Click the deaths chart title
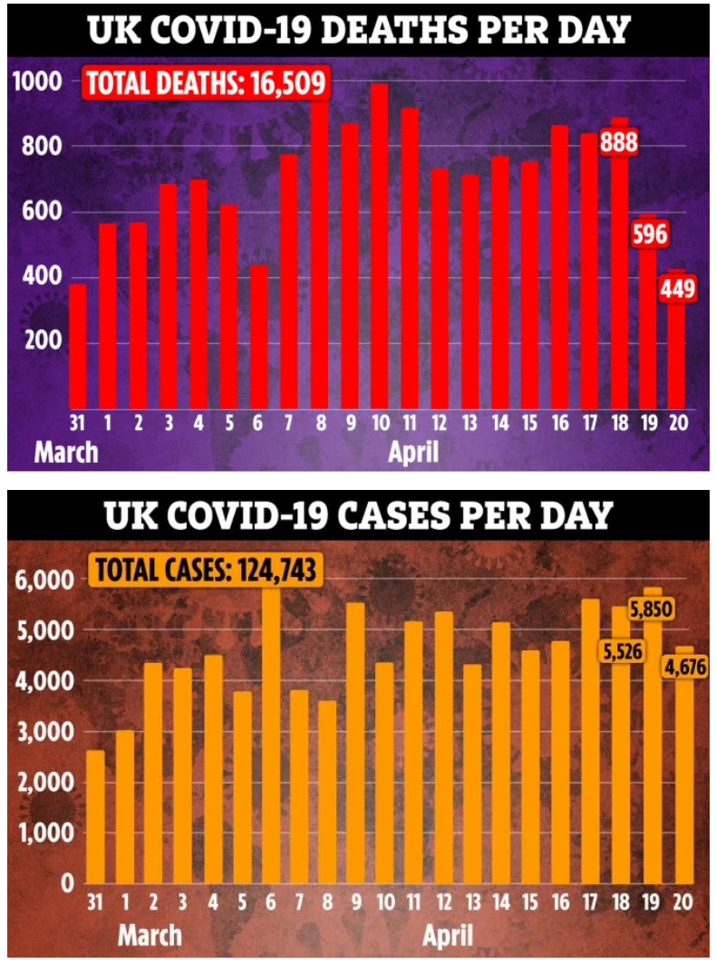pyautogui.click(x=358, y=30)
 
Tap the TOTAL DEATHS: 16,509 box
pyautogui.click(x=207, y=83)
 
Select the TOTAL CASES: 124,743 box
pyautogui.click(x=207, y=571)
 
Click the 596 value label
pyautogui.click(x=649, y=235)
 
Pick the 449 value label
pyautogui.click(x=678, y=291)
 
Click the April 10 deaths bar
pyautogui.click(x=379, y=245)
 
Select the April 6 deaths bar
pyautogui.click(x=258, y=335)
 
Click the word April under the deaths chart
pyautogui.click(x=413, y=450)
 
